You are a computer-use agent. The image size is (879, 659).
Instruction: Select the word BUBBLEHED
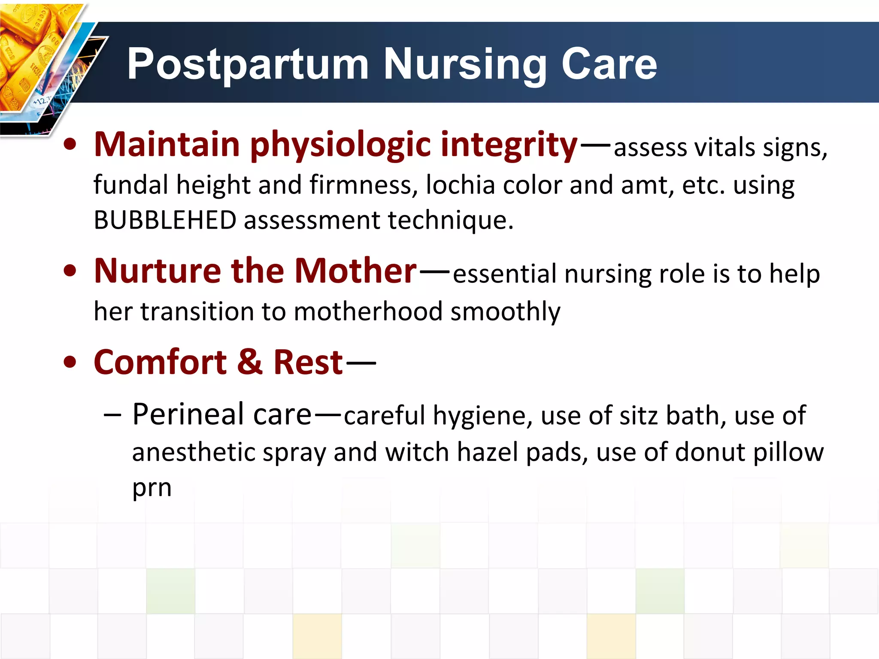165,220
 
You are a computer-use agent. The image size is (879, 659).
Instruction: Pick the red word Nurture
157,271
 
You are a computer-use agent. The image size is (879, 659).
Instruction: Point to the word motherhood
368,311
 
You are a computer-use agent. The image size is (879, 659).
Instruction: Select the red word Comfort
160,363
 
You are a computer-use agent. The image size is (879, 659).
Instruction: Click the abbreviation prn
152,488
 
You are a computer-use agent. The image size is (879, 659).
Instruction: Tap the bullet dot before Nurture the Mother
70,271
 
